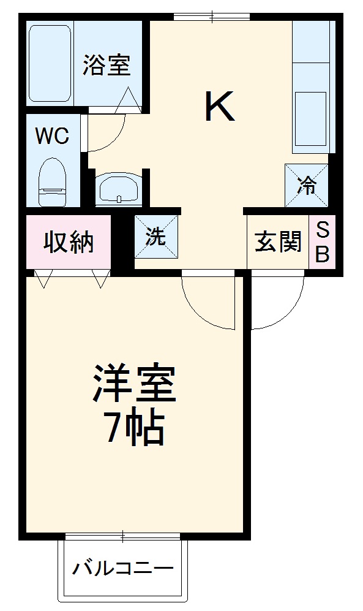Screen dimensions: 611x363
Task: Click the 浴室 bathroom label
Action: tap(107, 66)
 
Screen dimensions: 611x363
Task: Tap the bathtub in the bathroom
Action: tap(51, 63)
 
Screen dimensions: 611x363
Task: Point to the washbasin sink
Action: tap(119, 188)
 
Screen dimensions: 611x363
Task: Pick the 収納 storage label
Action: tap(68, 242)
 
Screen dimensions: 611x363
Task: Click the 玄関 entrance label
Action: tap(278, 242)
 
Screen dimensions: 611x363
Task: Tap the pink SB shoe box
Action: tap(322, 242)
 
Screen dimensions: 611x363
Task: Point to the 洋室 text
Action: tap(135, 385)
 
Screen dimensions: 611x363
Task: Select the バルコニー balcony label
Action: tap(123, 569)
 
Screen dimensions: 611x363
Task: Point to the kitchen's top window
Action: tap(211, 17)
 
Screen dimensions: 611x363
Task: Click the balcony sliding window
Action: tap(122, 537)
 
